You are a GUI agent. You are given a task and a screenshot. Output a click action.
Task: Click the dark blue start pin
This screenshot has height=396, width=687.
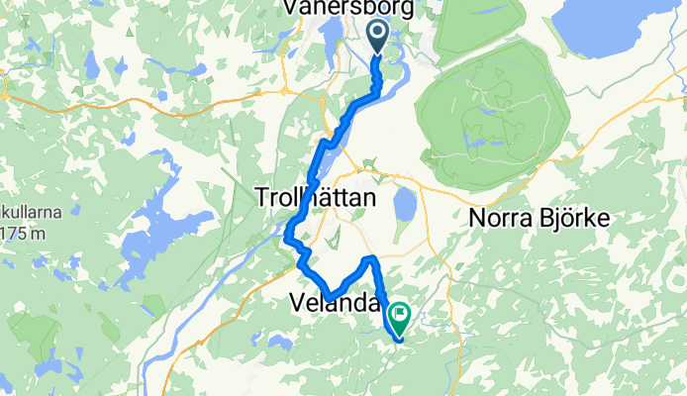(x=380, y=38)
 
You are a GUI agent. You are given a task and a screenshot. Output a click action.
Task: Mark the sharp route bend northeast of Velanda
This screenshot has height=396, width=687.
(x=371, y=259)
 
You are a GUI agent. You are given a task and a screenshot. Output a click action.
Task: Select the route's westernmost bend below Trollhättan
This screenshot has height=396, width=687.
(x=287, y=238)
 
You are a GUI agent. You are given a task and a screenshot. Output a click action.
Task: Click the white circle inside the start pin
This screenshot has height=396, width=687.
(x=380, y=33)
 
